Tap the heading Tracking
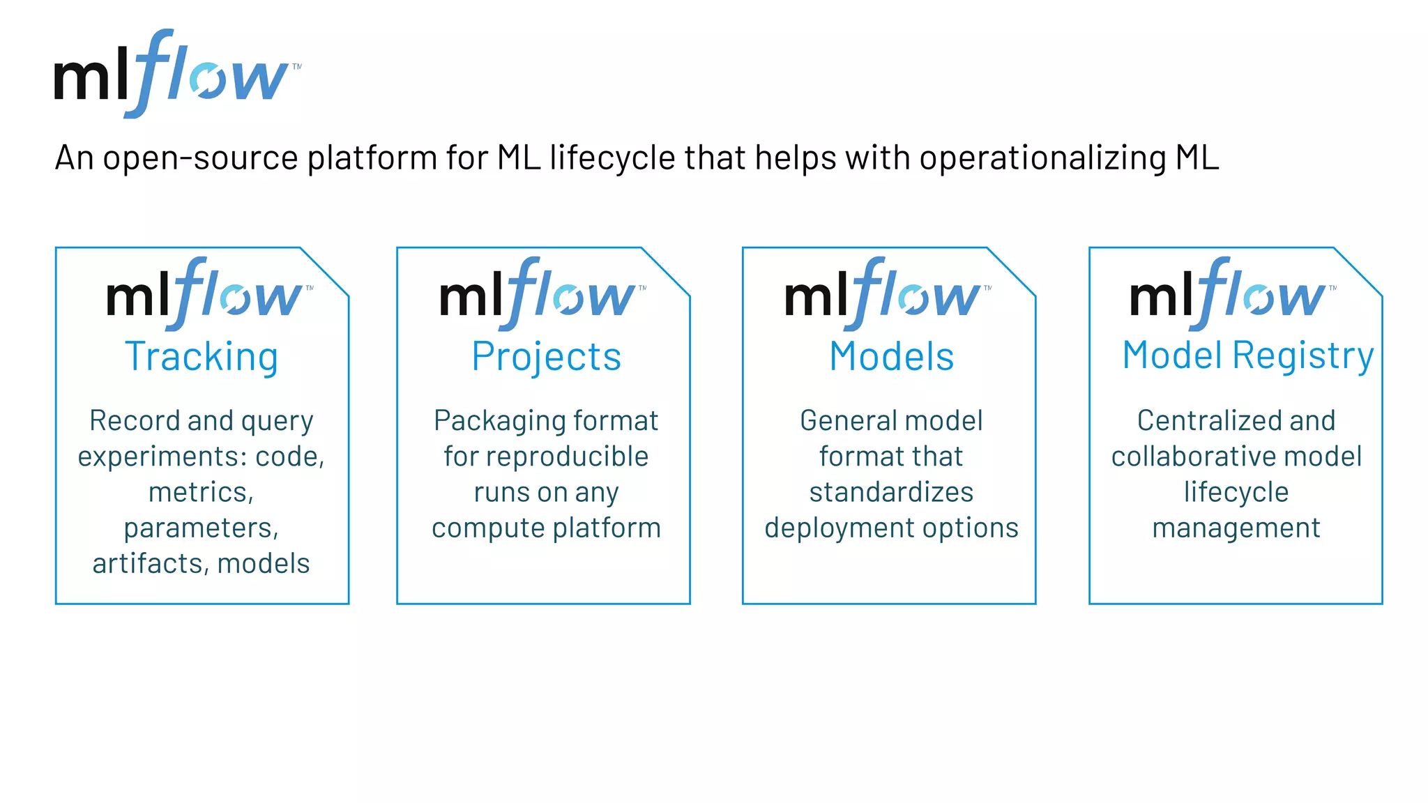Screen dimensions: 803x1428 [202, 357]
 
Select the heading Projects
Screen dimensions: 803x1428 [546, 357]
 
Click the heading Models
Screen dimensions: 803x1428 [891, 357]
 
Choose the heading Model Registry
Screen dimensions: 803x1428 [1247, 355]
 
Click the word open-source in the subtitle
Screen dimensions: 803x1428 [202, 158]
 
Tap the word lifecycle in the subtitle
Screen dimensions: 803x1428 [612, 158]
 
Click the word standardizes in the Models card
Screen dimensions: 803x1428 [891, 492]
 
